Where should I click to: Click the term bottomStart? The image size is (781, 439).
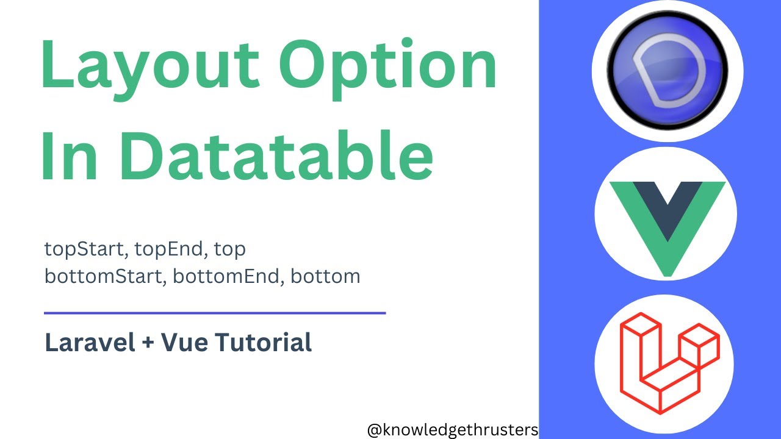105,276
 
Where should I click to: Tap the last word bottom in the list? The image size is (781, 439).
325,276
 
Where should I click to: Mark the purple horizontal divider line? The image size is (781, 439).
215,313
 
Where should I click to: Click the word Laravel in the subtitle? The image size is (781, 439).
90,342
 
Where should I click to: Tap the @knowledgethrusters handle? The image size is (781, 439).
452,430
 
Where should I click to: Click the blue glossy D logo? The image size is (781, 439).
668,71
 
